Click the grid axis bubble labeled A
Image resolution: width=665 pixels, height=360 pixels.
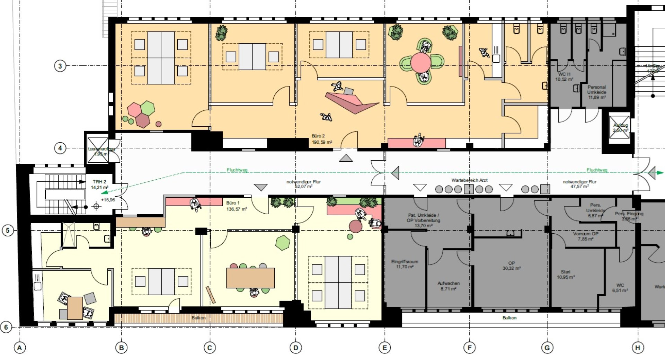pyautogui.click(x=20, y=348)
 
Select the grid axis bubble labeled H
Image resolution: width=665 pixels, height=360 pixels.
pyautogui.click(x=638, y=348)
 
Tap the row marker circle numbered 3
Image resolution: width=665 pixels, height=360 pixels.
pyautogui.click(x=60, y=66)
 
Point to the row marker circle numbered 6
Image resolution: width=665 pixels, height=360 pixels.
pyautogui.click(x=6, y=327)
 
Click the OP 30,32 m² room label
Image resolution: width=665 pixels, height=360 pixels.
pyautogui.click(x=511, y=266)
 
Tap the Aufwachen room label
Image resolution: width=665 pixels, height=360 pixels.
pyautogui.click(x=448, y=286)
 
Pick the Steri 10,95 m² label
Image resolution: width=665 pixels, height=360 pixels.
pyautogui.click(x=566, y=274)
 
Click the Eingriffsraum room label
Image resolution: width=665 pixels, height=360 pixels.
pyautogui.click(x=405, y=264)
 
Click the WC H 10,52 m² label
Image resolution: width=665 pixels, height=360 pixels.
pyautogui.click(x=564, y=76)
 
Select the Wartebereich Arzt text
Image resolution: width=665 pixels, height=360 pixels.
pyautogui.click(x=469, y=180)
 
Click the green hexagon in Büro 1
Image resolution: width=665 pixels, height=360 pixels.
pyautogui.click(x=283, y=243)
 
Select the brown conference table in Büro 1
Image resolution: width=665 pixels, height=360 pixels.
pyautogui.click(x=250, y=278)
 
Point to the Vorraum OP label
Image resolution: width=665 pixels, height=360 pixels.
pyautogui.click(x=585, y=236)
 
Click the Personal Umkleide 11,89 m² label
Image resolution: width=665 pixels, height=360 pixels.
pyautogui.click(x=596, y=92)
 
